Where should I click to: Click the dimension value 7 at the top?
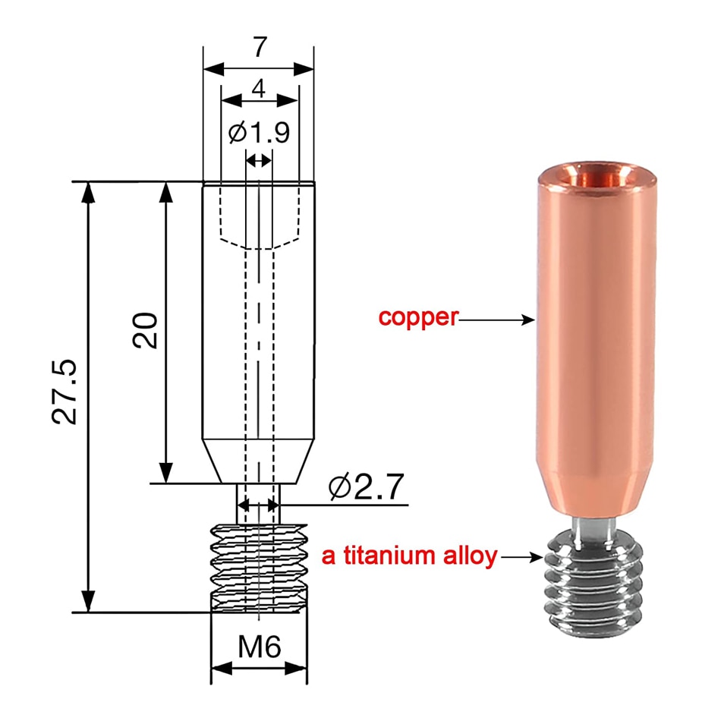click(x=260, y=47)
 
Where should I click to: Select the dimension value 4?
click(x=259, y=88)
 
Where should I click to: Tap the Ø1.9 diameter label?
click(x=259, y=132)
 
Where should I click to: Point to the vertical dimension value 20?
click(x=145, y=330)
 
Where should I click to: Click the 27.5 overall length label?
click(x=65, y=392)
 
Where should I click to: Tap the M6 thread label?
click(x=260, y=647)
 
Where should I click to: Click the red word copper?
click(x=418, y=318)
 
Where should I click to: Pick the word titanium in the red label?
click(x=389, y=555)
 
